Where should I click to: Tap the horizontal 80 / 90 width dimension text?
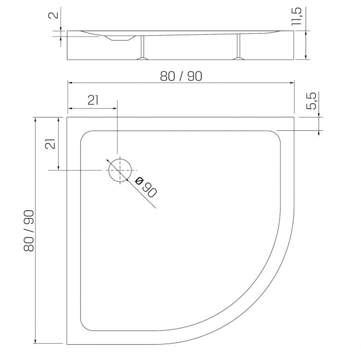click(181, 76)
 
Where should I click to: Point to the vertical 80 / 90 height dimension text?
click(29, 231)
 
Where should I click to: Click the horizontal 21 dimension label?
click(93, 100)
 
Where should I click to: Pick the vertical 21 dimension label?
click(51, 144)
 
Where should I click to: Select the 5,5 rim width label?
click(312, 101)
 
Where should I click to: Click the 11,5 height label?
click(297, 16)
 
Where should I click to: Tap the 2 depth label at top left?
click(53, 15)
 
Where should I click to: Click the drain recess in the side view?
click(120, 38)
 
